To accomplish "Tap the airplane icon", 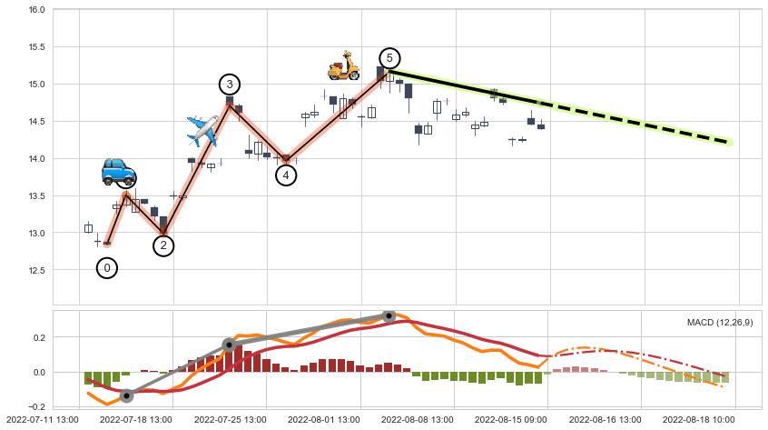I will click(x=202, y=130).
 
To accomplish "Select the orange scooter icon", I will click(x=344, y=65).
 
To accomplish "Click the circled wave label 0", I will click(x=107, y=268).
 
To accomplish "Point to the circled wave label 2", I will click(x=163, y=245).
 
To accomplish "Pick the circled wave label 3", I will click(x=230, y=85).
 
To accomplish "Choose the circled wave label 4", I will click(x=286, y=175).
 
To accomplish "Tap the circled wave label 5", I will click(x=389, y=58).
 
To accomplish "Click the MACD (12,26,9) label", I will click(x=720, y=323).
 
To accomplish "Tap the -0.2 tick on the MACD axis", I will click(x=34, y=406).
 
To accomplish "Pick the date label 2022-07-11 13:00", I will click(x=41, y=420).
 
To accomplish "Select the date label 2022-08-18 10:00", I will click(x=698, y=420).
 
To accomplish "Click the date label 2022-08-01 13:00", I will click(x=324, y=420).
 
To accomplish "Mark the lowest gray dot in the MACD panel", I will click(x=127, y=395).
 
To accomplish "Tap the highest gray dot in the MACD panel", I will click(x=389, y=316).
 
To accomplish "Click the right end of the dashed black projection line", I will click(x=730, y=142).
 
